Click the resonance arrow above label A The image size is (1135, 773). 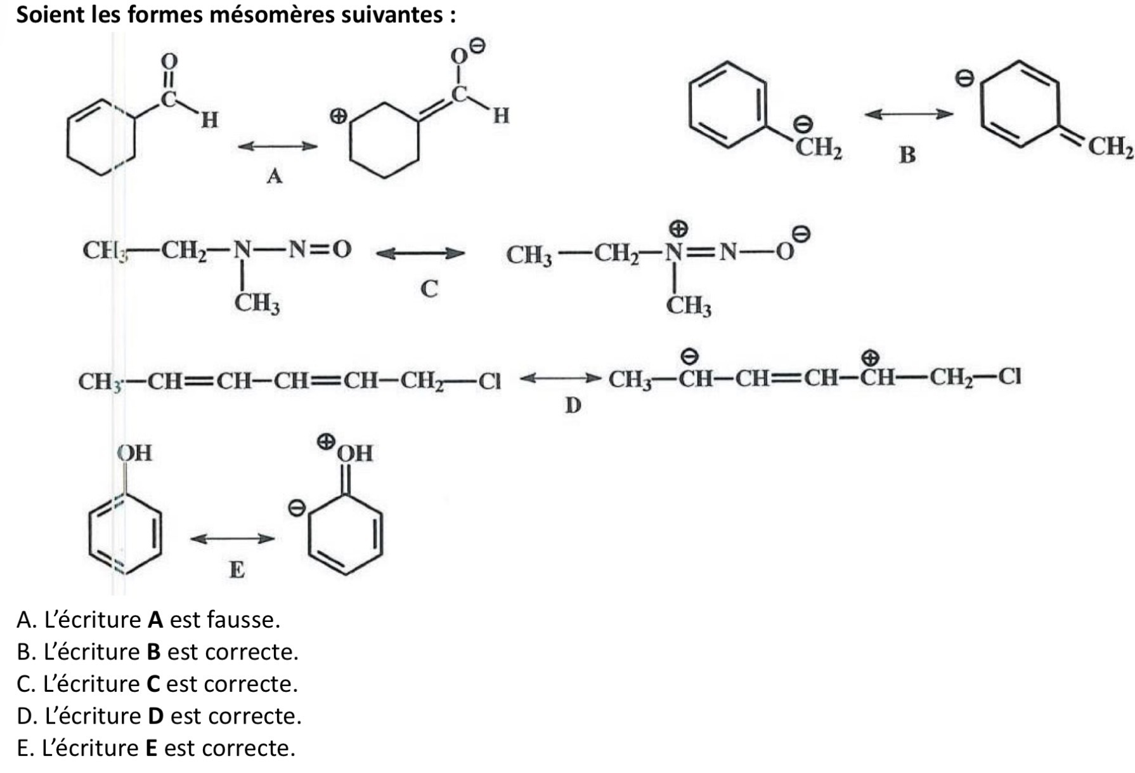pyautogui.click(x=277, y=147)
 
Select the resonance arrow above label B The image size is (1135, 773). pyautogui.click(x=908, y=114)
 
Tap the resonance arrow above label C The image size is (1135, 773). pyautogui.click(x=420, y=254)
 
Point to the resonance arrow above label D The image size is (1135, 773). pyautogui.click(x=559, y=379)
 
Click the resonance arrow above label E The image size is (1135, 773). pyautogui.click(x=233, y=539)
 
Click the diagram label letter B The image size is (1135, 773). pyautogui.click(x=907, y=155)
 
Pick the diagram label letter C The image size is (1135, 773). pyautogui.click(x=429, y=289)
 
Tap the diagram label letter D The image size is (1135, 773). pyautogui.click(x=573, y=405)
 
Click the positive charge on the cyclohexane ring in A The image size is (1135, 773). pyautogui.click(x=339, y=116)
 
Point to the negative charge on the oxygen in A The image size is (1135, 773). pyautogui.click(x=478, y=46)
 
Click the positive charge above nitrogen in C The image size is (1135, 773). pyautogui.click(x=679, y=228)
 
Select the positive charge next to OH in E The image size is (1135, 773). pyautogui.click(x=326, y=442)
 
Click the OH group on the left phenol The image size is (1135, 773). pyautogui.click(x=134, y=453)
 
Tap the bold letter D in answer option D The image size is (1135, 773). pyautogui.click(x=155, y=716)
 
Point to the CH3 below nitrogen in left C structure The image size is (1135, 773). pyautogui.click(x=257, y=303)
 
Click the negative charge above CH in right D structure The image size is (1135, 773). pyautogui.click(x=690, y=356)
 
